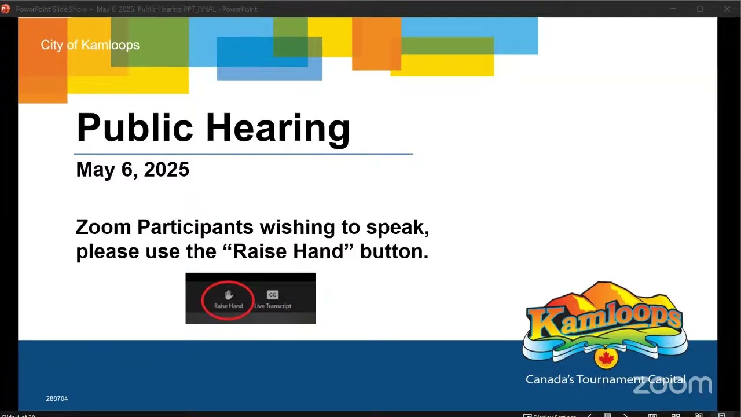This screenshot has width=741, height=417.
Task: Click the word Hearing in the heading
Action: click(x=278, y=128)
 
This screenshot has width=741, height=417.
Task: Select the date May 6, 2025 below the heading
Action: click(x=133, y=170)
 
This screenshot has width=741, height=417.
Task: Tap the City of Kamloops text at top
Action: click(x=90, y=45)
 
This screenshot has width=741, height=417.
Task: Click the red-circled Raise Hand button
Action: click(x=228, y=299)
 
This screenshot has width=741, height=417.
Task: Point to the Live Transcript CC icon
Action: click(x=273, y=295)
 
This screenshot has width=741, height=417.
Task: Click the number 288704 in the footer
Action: click(x=57, y=398)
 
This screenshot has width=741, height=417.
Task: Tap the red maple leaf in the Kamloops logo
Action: click(x=606, y=359)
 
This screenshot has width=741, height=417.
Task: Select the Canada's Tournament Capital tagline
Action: click(x=605, y=379)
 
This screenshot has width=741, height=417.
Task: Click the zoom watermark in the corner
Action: click(x=673, y=385)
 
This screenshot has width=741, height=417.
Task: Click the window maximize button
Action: click(x=700, y=9)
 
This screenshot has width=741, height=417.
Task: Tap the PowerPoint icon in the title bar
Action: click(x=6, y=9)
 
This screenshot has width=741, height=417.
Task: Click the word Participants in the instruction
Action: click(x=195, y=228)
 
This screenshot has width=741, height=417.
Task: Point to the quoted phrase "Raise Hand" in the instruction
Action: click(x=288, y=252)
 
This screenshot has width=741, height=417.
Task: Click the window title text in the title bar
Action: click(x=136, y=9)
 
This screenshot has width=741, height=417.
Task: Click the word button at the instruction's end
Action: click(x=394, y=252)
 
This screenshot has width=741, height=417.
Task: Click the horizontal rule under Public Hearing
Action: click(x=243, y=155)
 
